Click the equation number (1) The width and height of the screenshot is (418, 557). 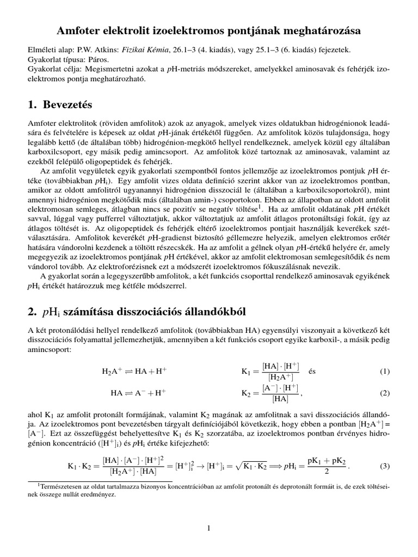(385, 372)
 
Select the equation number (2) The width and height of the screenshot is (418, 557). (385, 393)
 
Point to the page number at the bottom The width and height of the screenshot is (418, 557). (208, 528)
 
